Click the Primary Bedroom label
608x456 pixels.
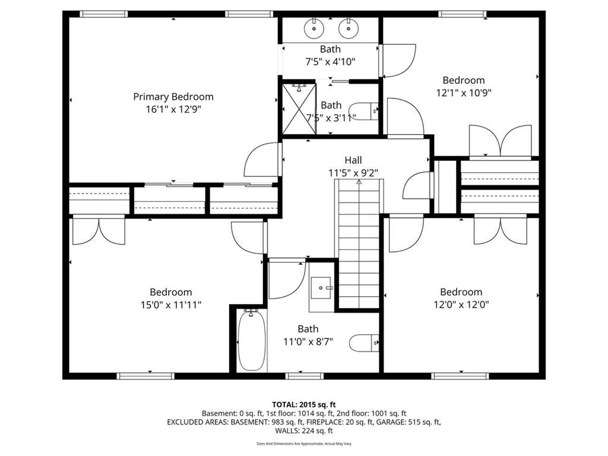point(173,97)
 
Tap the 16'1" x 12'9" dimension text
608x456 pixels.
point(173,109)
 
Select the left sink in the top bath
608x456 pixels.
point(313,28)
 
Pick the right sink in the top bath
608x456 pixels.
point(349,28)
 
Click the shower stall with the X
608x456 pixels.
point(299,108)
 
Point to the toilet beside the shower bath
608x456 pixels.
point(363,111)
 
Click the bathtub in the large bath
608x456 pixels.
point(252,340)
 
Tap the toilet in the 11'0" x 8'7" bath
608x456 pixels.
point(364,343)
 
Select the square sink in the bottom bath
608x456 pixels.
point(321,288)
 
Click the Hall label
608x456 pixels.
point(353,160)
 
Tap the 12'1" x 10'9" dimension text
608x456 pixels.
point(464,93)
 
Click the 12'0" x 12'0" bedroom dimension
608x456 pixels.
point(461,305)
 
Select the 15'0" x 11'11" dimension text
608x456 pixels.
point(171,305)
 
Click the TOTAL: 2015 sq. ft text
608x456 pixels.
point(303,405)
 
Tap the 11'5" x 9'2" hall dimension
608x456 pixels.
point(353,173)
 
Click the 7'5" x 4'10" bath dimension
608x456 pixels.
point(330,62)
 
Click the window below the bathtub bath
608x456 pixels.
point(305,376)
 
